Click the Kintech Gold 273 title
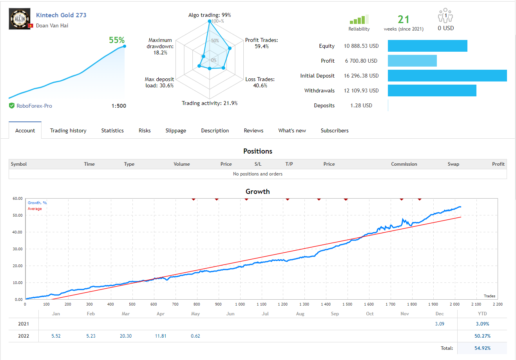point(61,15)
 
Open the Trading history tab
point(68,130)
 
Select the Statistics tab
point(112,130)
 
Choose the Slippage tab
point(176,130)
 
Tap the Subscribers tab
point(334,130)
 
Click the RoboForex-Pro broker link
point(34,106)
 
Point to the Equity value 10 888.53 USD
point(361,46)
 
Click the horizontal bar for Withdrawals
point(432,90)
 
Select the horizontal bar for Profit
point(412,61)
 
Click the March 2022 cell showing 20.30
point(126,336)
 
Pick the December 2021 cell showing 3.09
point(440,324)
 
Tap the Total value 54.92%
point(482,348)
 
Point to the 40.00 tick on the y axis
point(18,232)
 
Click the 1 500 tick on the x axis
point(347,304)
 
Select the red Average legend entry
point(35,209)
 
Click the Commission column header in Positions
point(404,164)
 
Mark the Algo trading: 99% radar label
point(210,15)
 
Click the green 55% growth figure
point(117,40)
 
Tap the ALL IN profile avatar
point(20,19)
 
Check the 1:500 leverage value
point(119,106)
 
